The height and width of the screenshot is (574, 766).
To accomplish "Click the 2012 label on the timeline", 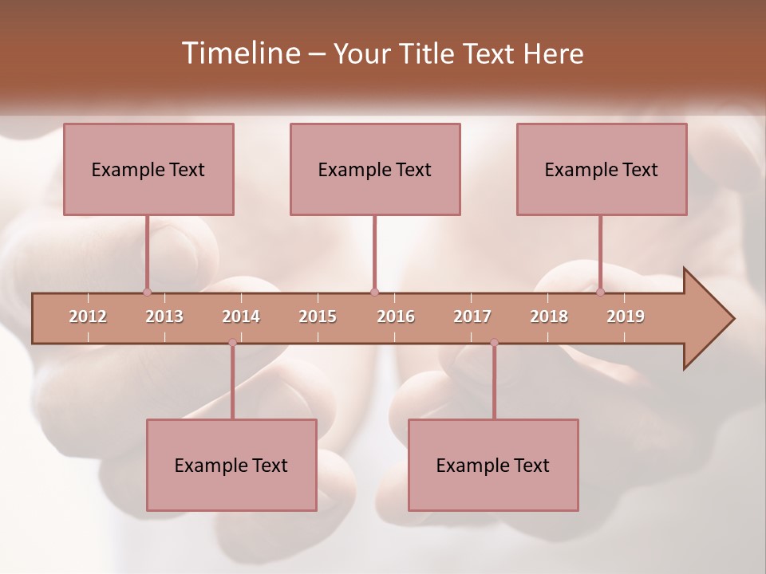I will (88, 317).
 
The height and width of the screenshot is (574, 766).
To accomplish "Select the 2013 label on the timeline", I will (164, 317).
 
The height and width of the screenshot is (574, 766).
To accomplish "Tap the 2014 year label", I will (241, 317).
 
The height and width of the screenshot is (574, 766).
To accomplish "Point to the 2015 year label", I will (318, 317).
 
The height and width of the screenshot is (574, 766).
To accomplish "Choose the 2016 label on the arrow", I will (396, 317).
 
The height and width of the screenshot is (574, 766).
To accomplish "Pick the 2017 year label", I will (472, 317).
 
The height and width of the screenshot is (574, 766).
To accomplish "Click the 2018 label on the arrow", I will (549, 317).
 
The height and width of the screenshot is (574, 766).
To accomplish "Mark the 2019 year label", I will (626, 317).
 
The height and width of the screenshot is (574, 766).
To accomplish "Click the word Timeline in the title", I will (239, 53).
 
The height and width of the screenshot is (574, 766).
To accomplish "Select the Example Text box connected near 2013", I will (148, 169).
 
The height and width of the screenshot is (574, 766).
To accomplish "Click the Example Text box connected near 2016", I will (375, 169).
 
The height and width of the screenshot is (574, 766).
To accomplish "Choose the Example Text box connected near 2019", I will (602, 169).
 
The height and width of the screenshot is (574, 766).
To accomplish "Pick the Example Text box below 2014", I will (231, 465).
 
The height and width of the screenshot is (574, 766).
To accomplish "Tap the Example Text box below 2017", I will (493, 465).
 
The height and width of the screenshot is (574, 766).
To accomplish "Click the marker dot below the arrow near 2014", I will (232, 343).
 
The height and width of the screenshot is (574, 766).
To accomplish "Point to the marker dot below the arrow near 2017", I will (494, 343).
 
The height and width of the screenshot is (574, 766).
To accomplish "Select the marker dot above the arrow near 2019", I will (601, 292).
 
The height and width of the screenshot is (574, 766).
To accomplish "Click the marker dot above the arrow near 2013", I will (147, 292).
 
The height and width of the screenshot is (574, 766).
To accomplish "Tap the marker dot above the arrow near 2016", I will (374, 292).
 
